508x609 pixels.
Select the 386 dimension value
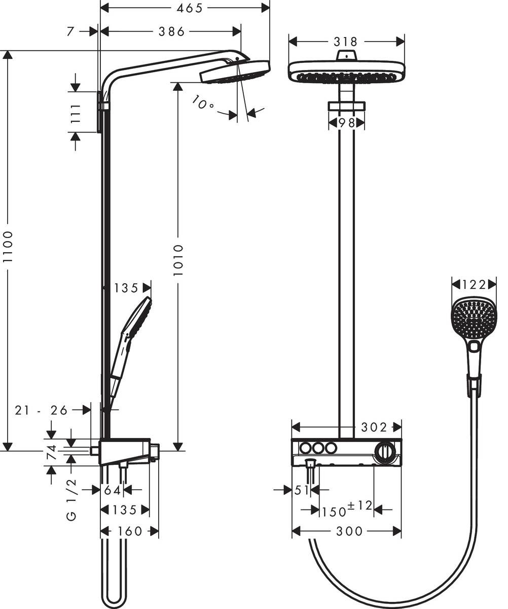172,31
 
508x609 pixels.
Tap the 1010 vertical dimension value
177,260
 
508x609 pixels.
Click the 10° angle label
203,104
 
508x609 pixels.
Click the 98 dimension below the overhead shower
346,123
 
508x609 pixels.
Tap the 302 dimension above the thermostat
374,427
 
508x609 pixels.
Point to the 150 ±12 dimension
347,509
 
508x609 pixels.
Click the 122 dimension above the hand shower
474,284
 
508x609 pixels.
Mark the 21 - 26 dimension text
41,410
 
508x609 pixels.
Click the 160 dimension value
129,531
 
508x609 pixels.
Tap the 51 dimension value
302,490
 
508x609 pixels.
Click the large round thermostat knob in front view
386,451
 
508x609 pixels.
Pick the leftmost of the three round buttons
305,448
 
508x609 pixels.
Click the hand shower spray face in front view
474,318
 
